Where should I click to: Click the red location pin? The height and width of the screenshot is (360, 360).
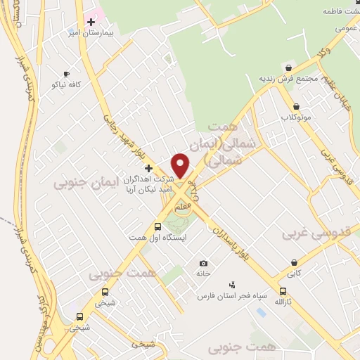181,165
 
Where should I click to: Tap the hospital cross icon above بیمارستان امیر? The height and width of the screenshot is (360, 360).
91,22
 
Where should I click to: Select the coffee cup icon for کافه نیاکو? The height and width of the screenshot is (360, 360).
67,74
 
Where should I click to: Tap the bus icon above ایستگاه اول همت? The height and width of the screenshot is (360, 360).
157,227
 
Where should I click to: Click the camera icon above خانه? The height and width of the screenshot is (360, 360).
203,263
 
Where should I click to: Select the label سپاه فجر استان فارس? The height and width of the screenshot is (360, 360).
233,296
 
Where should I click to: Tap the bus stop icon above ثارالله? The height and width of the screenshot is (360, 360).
283,291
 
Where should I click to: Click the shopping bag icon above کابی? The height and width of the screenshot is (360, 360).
292,262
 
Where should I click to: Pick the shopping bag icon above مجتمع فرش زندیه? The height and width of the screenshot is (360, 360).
288,67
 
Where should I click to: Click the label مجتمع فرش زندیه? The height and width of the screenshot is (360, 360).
288,78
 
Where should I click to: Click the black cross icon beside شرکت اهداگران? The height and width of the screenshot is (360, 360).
148,168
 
